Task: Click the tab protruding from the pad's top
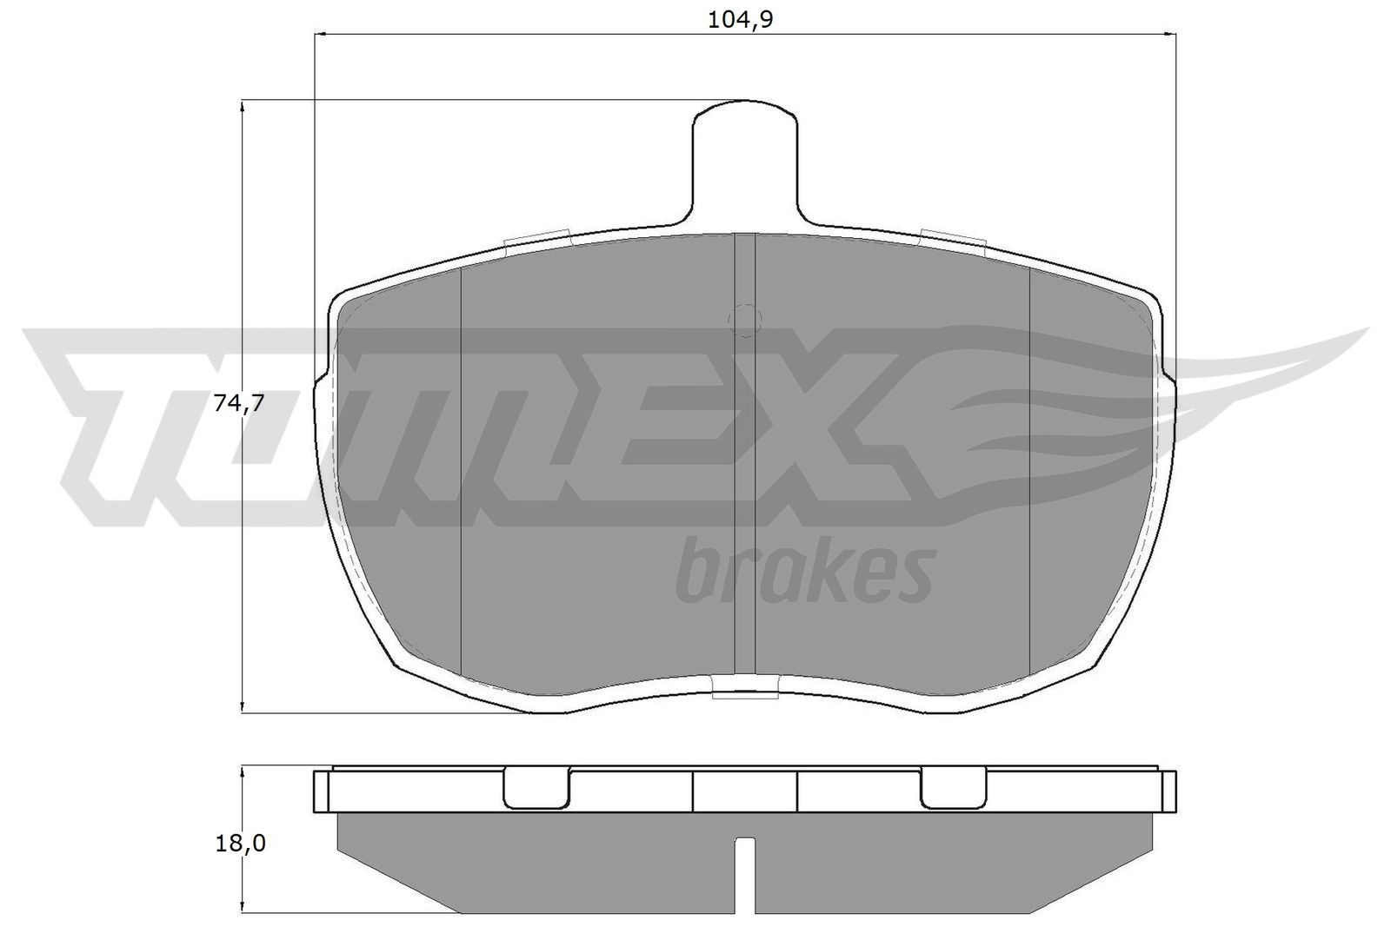pos(744,161)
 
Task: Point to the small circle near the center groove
pos(744,320)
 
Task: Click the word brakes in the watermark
pos(805,571)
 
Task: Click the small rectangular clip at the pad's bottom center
pos(744,690)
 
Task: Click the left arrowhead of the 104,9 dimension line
pos(318,34)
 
